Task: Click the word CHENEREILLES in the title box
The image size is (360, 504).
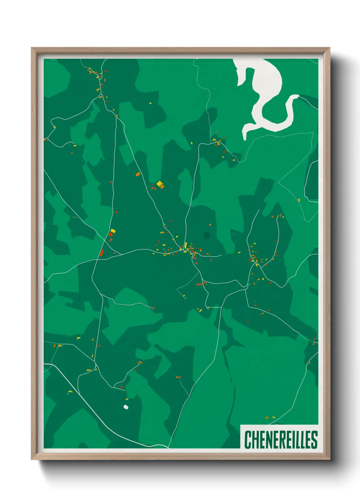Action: point(281,440)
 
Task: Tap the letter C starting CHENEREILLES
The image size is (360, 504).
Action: point(248,440)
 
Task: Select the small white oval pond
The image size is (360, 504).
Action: point(126,407)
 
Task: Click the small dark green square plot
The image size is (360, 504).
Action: point(207,235)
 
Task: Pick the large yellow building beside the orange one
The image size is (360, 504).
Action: point(159,184)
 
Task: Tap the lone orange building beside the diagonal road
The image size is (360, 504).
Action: point(138,174)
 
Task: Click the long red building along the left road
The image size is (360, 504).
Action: point(101,253)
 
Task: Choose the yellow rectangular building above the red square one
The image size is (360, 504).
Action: point(113,231)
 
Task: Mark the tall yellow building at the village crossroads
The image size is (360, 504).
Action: point(185,246)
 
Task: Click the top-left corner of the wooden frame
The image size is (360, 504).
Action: point(32,48)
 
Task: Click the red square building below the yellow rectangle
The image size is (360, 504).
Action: point(111,235)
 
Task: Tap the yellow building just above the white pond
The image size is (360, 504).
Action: point(127,399)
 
